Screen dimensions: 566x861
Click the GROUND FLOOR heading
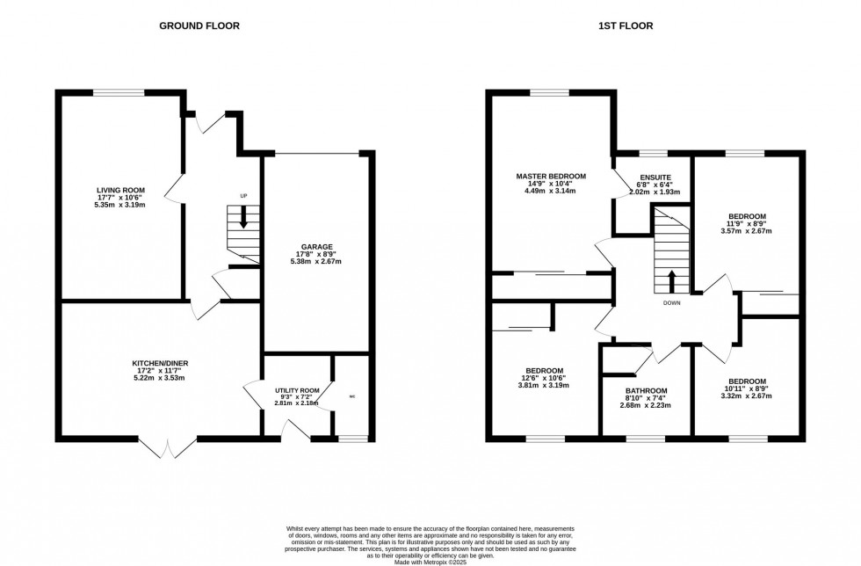(199, 25)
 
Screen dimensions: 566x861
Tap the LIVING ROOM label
(120, 190)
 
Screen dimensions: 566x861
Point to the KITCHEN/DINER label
(161, 363)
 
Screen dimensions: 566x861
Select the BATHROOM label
(646, 391)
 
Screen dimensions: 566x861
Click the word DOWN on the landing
(672, 303)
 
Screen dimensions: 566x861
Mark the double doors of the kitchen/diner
(167, 446)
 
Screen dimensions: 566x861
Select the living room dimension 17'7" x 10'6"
(120, 198)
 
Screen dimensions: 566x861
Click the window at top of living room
(119, 91)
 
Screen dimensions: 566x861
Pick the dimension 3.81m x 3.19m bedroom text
(545, 385)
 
